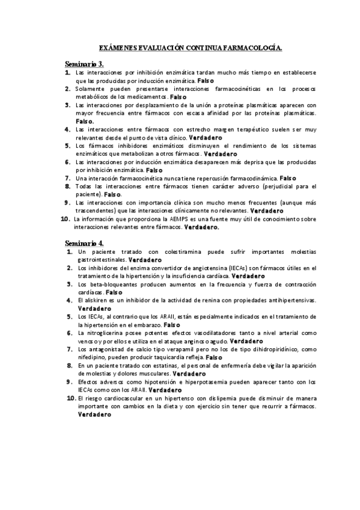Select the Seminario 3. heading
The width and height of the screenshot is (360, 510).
(x=84, y=63)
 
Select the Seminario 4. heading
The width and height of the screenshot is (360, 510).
(x=84, y=242)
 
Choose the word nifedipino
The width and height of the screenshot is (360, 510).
(x=92, y=357)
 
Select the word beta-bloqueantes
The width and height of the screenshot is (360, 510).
(x=106, y=284)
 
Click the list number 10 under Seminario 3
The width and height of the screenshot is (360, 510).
(x=66, y=220)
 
